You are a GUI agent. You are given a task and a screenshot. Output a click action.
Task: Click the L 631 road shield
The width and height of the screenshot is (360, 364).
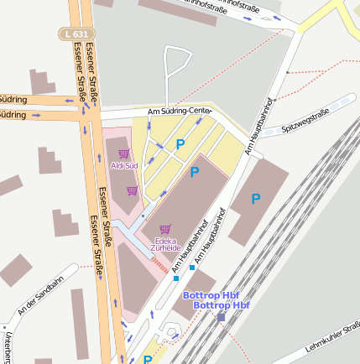point(76,34)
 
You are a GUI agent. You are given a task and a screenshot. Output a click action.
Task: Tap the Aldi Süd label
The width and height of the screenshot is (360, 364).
point(124,165)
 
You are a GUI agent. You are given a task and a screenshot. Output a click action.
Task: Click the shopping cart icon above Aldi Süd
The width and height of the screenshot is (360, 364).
point(124,154)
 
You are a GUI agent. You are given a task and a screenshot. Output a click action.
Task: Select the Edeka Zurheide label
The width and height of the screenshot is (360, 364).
point(164,243)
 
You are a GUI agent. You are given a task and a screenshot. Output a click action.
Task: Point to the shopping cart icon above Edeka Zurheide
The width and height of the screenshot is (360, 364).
point(164,228)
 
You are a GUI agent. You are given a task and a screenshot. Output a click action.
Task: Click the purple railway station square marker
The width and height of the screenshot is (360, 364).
point(221,317)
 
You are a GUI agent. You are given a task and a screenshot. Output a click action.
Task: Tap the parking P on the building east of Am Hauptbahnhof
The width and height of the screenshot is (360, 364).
point(256,199)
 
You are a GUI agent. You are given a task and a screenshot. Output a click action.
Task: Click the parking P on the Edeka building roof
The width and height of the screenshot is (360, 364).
point(195,173)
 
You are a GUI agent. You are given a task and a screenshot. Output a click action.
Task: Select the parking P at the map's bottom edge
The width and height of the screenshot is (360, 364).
point(148,359)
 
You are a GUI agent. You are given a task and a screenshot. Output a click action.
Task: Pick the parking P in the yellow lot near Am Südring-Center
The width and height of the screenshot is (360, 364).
point(180,144)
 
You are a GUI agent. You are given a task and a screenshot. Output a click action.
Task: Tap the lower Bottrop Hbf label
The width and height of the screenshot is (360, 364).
point(222,305)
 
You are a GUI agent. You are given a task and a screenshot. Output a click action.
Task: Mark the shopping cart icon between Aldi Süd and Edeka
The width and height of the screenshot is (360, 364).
point(132,190)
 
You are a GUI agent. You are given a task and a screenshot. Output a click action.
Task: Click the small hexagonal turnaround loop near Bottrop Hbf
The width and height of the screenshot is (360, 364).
point(173,333)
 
